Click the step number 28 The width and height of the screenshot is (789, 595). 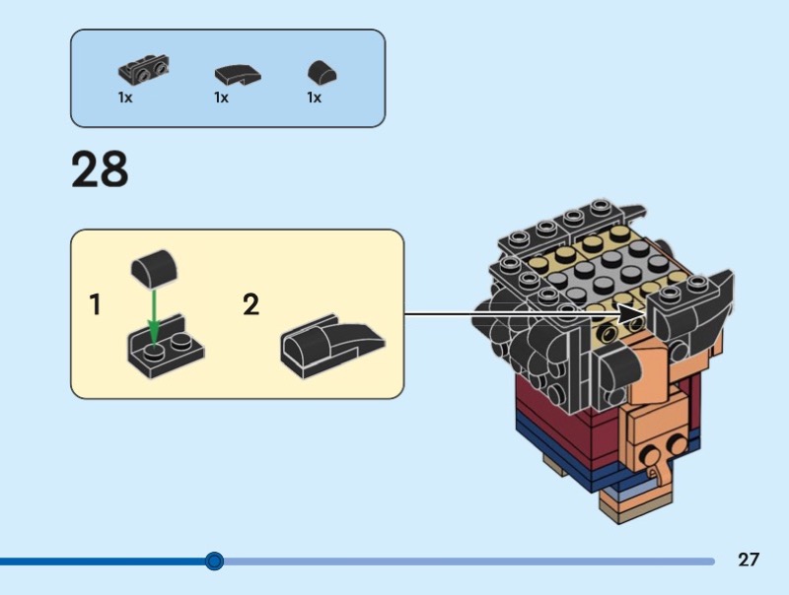(100, 169)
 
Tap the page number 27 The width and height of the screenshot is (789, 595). (749, 560)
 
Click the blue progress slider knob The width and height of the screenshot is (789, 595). (214, 562)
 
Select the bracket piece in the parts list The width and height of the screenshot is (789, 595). (140, 71)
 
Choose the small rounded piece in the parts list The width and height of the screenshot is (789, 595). (321, 72)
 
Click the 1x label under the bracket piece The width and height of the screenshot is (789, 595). (125, 99)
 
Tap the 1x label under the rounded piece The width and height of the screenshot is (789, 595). (314, 99)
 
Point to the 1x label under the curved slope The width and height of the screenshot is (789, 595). (221, 99)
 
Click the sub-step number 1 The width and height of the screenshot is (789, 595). (95, 305)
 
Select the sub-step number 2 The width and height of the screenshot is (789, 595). (251, 305)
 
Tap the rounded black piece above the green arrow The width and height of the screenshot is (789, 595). (153, 267)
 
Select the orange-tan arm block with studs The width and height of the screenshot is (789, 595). (651, 433)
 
